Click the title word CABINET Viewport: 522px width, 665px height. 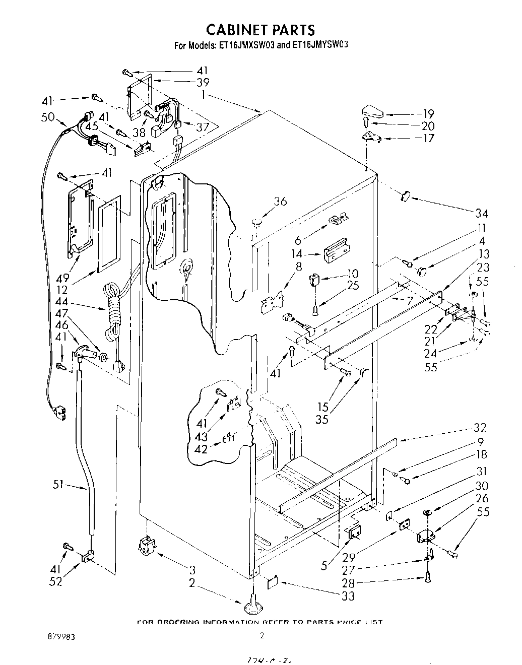(232, 30)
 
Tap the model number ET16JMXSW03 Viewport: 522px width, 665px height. (246, 45)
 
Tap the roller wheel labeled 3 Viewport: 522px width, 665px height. (146, 546)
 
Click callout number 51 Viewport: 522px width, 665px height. (59, 486)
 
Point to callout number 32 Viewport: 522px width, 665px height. (480, 428)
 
